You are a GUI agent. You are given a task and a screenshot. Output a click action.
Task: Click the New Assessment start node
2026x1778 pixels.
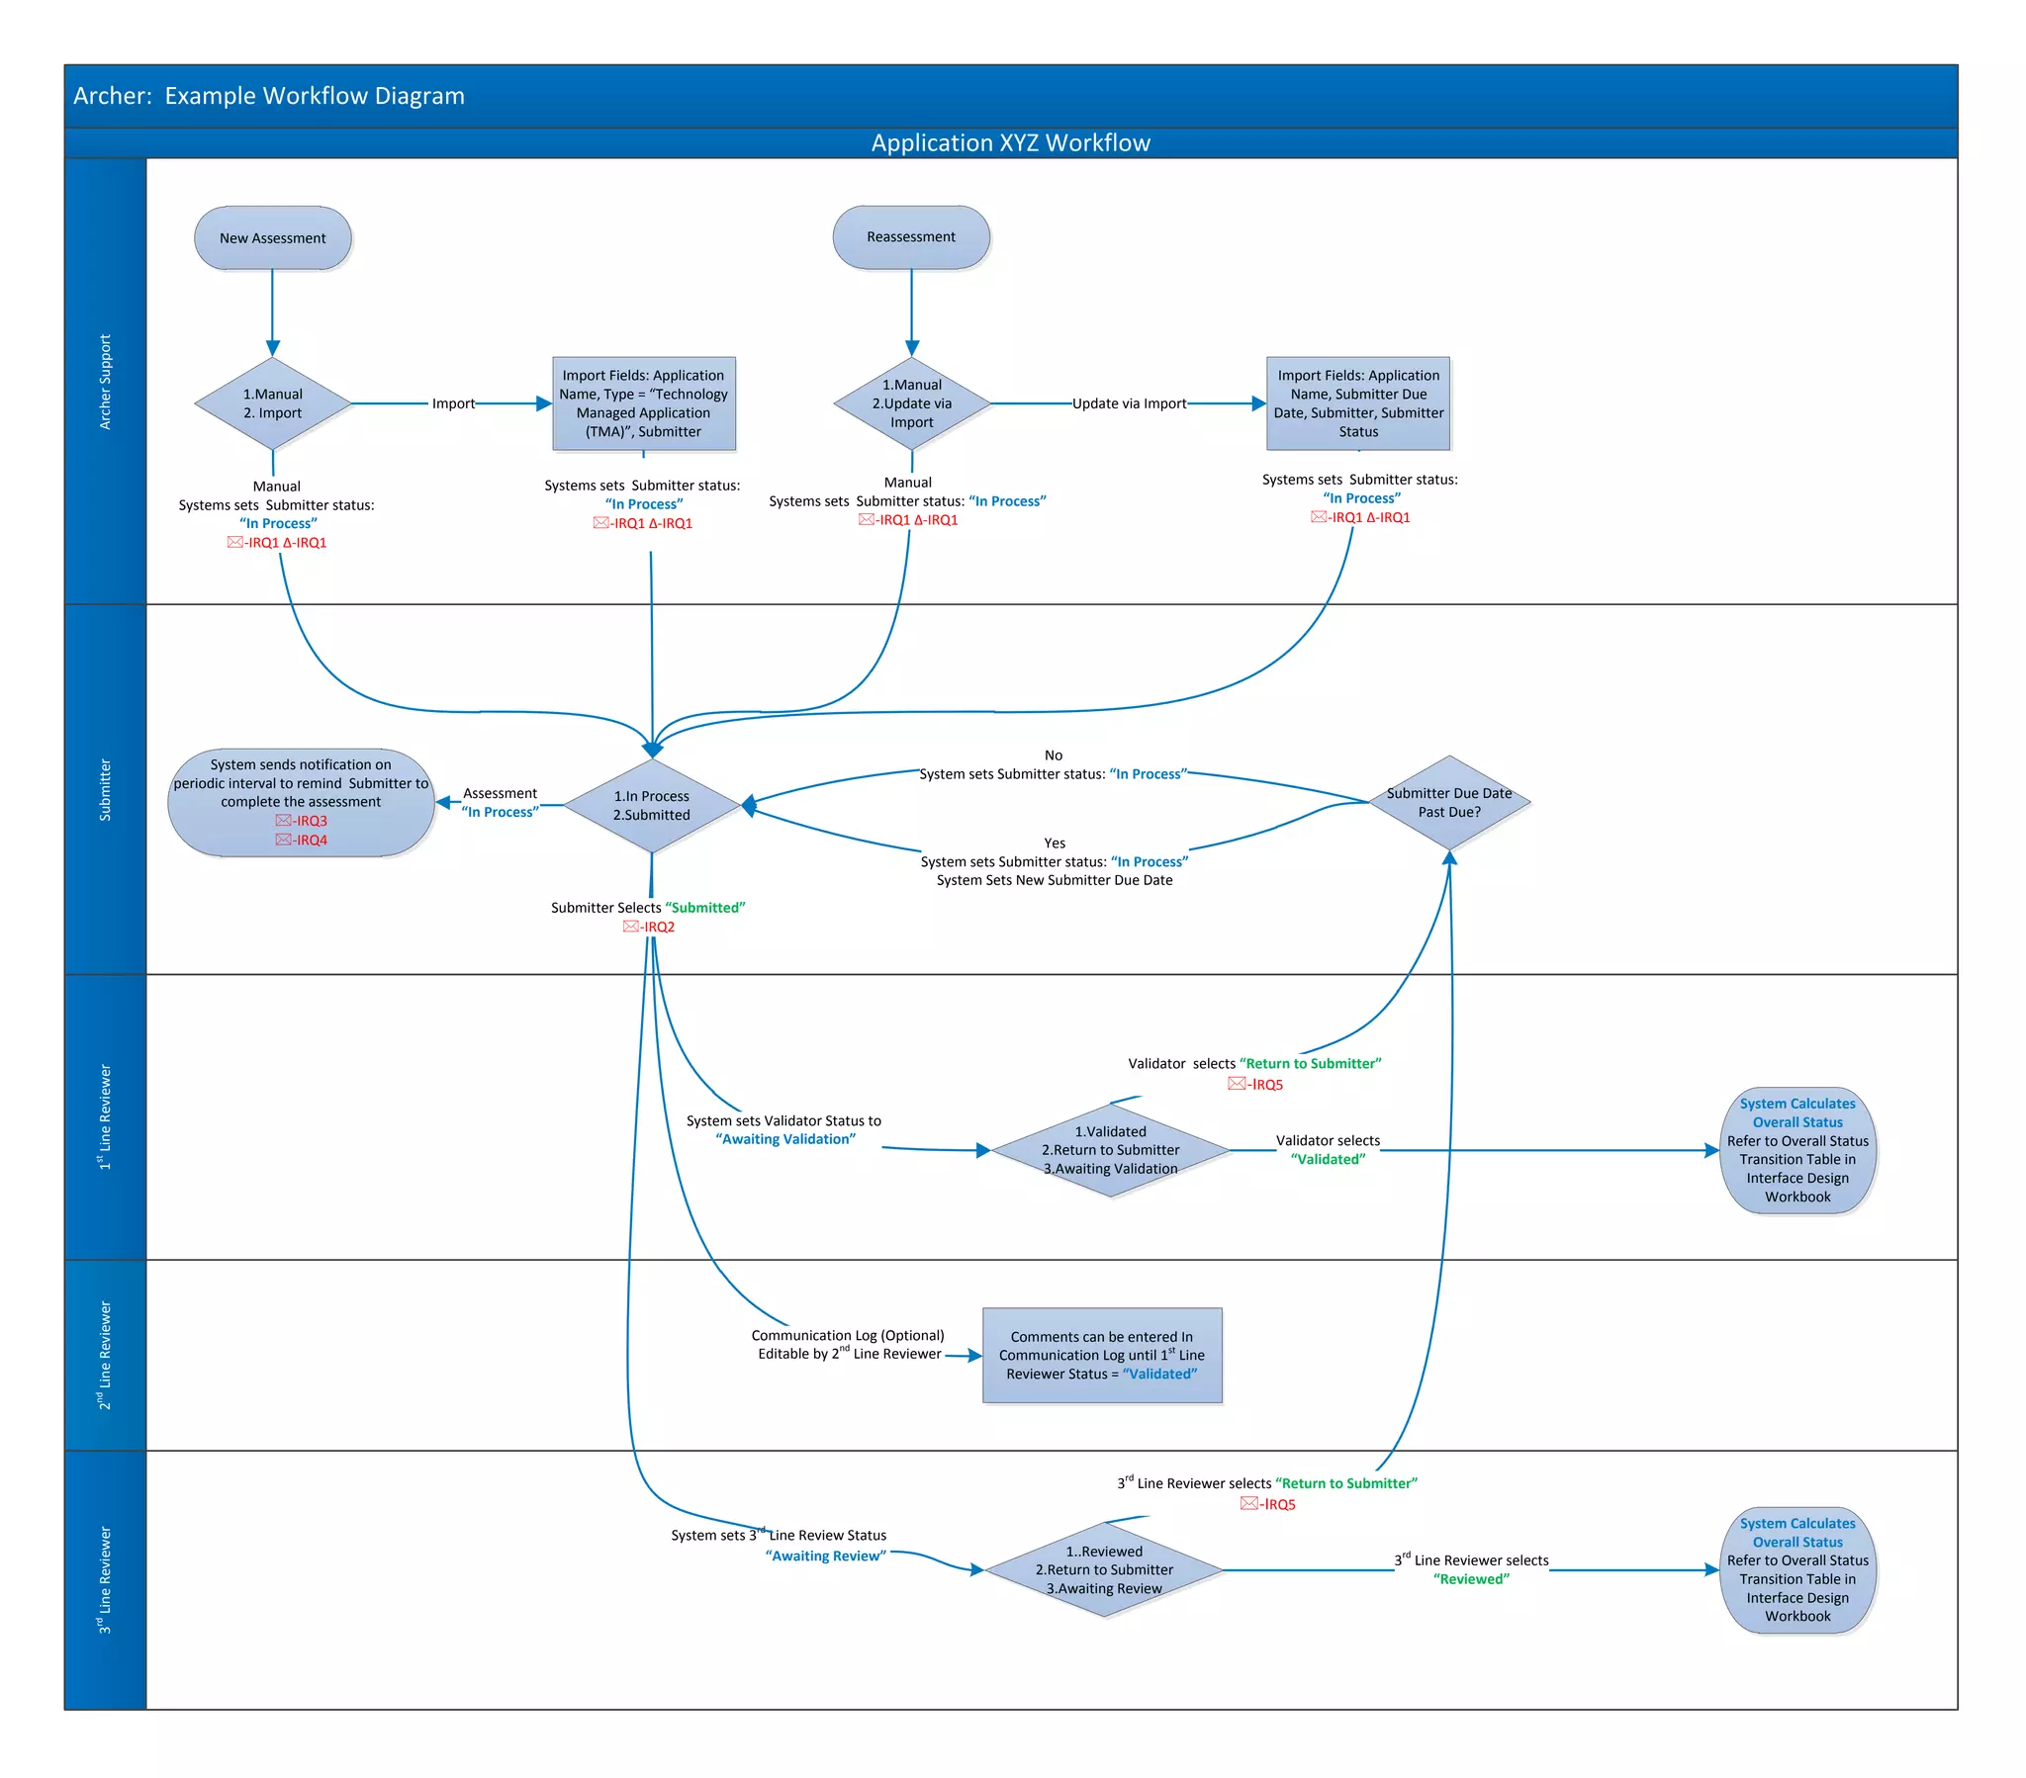273,238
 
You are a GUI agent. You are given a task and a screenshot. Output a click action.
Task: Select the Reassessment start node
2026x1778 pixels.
911,237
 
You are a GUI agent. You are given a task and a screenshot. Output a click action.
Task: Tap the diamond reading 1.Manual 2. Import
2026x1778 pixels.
273,403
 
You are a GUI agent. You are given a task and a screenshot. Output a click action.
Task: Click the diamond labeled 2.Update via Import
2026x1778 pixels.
911,403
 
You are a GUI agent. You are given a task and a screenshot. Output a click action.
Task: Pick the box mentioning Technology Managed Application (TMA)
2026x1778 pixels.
643,403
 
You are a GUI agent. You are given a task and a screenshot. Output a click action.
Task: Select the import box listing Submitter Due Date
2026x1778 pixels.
1357,403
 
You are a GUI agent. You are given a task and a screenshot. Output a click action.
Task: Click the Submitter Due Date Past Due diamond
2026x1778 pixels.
1448,802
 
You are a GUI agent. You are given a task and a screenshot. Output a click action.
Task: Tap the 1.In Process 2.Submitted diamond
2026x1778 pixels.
651,806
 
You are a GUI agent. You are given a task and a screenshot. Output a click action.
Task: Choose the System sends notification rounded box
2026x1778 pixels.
301,802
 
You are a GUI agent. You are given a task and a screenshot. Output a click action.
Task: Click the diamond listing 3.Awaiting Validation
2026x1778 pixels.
1109,1150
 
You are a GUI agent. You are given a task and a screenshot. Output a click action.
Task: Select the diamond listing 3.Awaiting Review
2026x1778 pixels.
1103,1569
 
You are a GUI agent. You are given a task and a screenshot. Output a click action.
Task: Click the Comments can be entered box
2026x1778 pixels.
1101,1355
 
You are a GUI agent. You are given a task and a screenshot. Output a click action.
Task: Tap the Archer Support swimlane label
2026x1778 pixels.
105,382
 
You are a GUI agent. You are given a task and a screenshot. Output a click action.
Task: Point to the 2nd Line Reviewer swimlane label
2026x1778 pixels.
105,1355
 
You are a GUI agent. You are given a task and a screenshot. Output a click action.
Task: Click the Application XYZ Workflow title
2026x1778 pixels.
1010,142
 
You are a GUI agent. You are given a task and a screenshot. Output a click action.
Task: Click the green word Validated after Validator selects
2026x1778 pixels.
1328,1160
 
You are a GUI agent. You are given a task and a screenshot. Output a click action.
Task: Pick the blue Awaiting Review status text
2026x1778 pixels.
825,1556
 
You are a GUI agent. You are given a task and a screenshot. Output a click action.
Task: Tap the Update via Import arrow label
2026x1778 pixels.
1128,403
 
